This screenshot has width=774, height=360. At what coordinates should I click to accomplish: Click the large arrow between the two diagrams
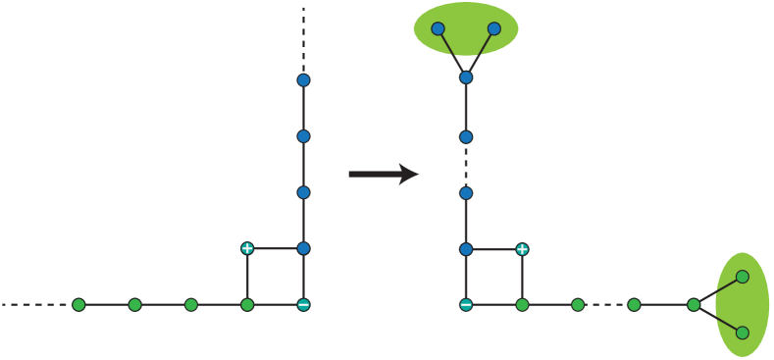pos(383,175)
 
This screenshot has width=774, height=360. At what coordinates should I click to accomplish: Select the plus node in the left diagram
pos(247,248)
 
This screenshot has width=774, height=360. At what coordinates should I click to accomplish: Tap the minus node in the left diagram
pos(303,305)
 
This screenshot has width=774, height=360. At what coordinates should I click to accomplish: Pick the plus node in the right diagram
pos(522,249)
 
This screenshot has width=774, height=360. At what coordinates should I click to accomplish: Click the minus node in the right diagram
pos(466,305)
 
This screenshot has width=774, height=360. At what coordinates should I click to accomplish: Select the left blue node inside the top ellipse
pos(438,29)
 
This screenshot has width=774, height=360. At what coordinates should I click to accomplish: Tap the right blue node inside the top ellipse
pos(494,29)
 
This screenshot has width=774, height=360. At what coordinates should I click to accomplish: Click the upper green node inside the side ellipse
pos(743,277)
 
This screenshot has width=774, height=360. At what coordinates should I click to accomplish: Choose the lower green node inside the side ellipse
pos(743,333)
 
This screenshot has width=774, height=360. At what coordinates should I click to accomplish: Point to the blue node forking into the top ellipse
pos(466,77)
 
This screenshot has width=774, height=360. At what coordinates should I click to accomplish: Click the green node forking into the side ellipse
pos(694,305)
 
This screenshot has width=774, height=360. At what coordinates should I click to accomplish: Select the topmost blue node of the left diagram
pos(303,80)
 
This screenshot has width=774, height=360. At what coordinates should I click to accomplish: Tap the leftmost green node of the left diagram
pos(78,305)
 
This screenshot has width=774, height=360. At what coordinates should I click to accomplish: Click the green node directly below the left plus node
pos(247,305)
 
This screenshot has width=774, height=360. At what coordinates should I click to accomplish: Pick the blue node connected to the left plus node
pos(303,248)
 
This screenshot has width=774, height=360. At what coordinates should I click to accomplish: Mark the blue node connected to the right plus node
pos(466,249)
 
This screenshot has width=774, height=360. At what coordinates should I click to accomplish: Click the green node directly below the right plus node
pos(522,305)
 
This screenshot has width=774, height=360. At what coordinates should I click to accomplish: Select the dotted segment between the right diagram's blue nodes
pos(466,165)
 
